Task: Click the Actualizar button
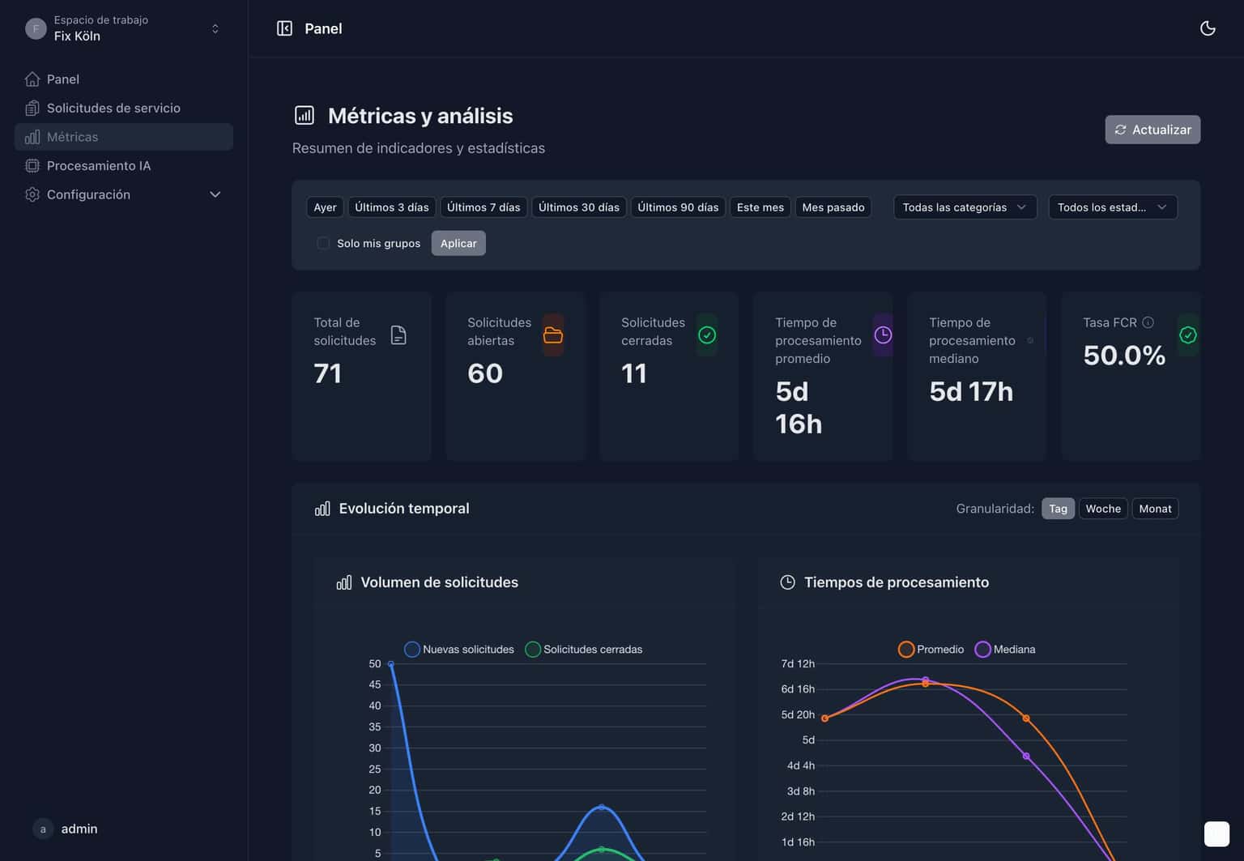pyautogui.click(x=1152, y=130)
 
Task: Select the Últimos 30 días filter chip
pyautogui.click(x=578, y=207)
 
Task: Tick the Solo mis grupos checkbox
pyautogui.click(x=323, y=243)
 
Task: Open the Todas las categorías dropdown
pyautogui.click(x=964, y=207)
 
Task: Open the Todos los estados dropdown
pyautogui.click(x=1111, y=207)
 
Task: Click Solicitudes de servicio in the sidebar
pyautogui.click(x=113, y=108)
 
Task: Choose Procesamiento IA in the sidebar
pyautogui.click(x=98, y=165)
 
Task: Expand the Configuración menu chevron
pyautogui.click(x=215, y=194)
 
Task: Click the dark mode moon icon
pyautogui.click(x=1207, y=28)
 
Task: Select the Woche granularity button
pyautogui.click(x=1102, y=509)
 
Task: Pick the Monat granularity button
pyautogui.click(x=1154, y=509)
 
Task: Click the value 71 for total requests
pyautogui.click(x=327, y=373)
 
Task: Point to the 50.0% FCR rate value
pyautogui.click(x=1123, y=356)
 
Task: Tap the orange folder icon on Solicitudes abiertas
pyautogui.click(x=553, y=335)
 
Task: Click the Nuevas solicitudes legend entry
pyautogui.click(x=459, y=650)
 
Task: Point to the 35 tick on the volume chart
pyautogui.click(x=374, y=727)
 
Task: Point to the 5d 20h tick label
pyautogui.click(x=797, y=714)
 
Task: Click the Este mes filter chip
pyautogui.click(x=760, y=207)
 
